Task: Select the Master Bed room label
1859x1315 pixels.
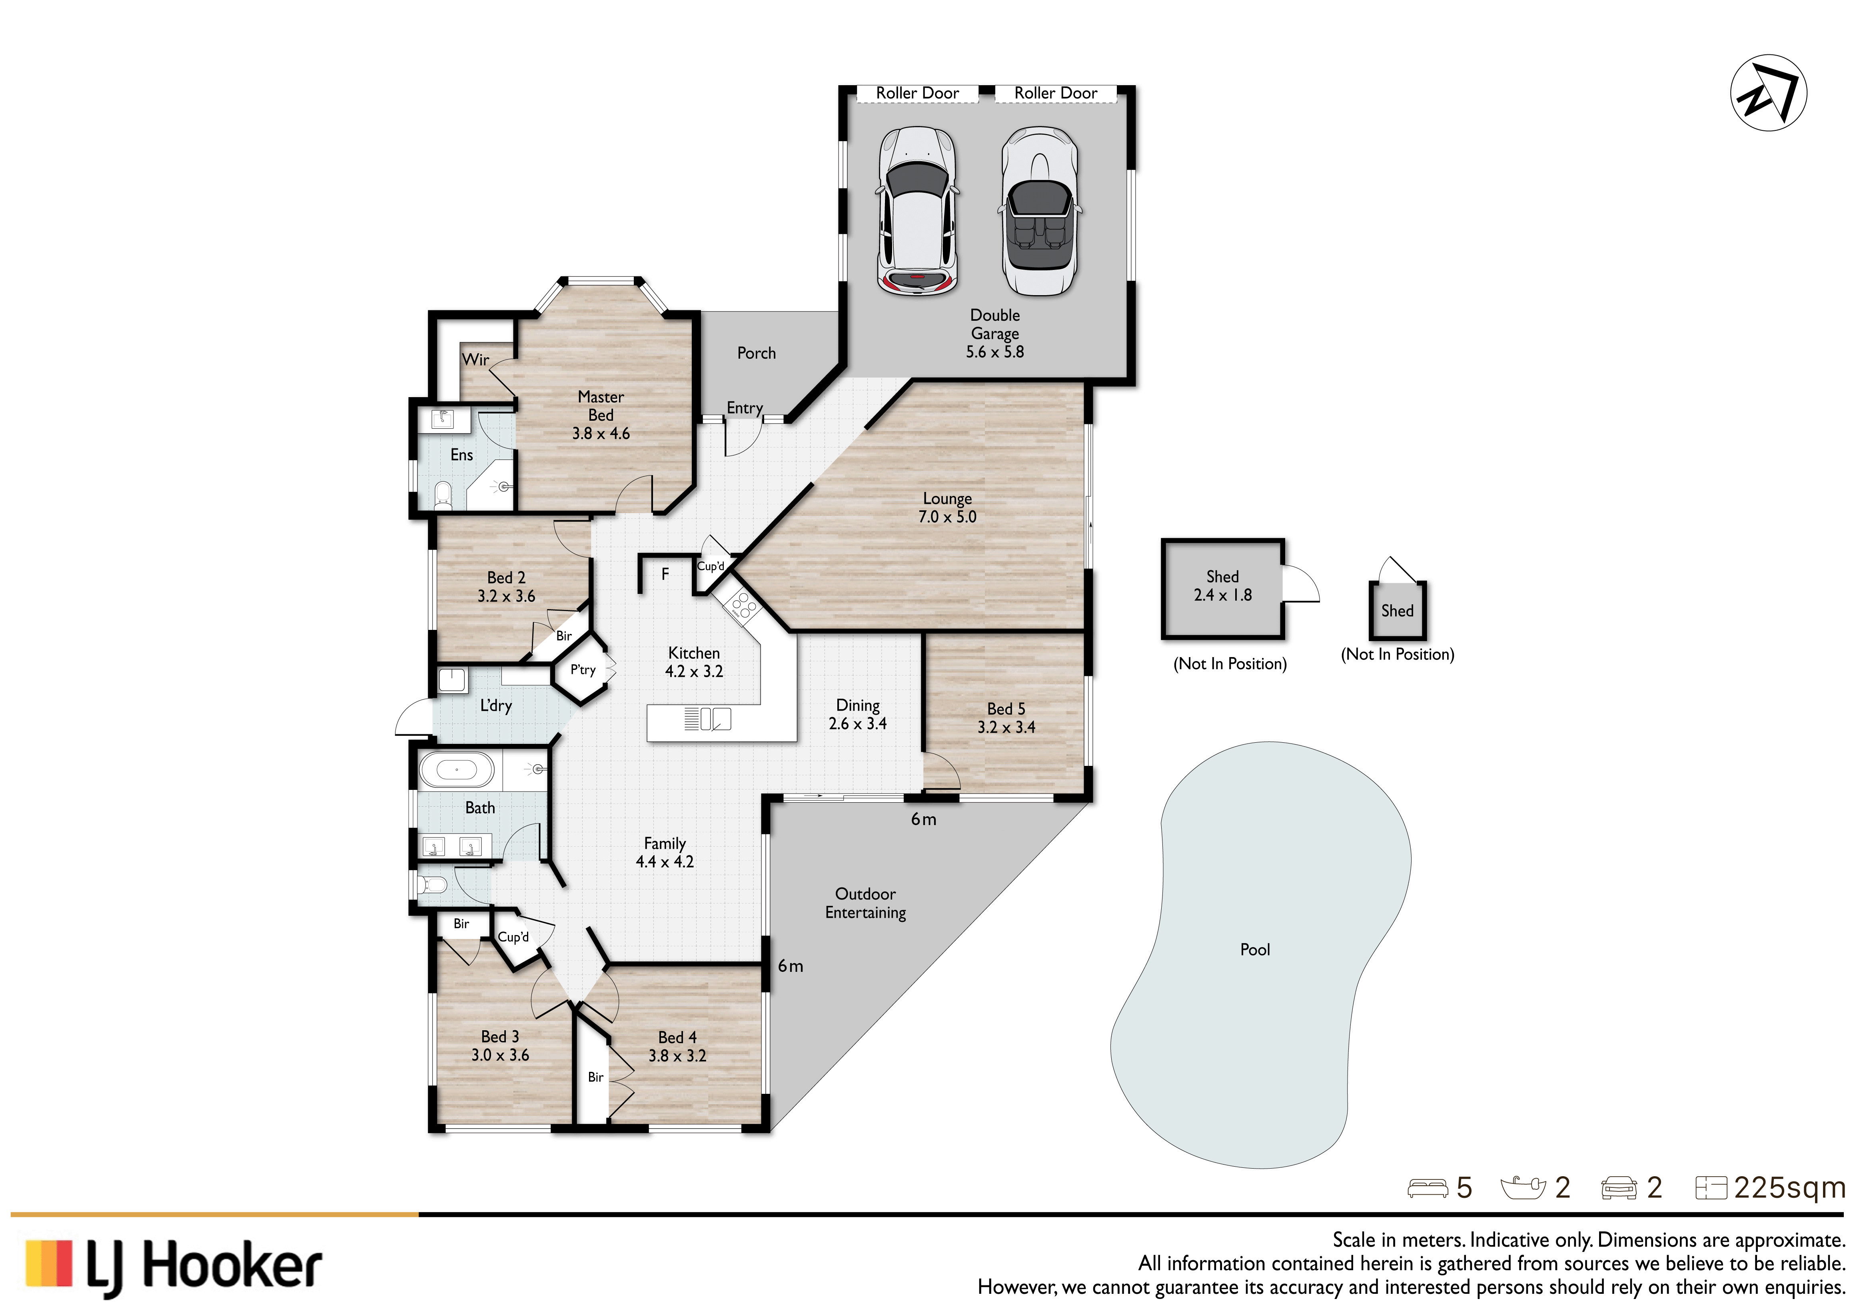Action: pyautogui.click(x=601, y=416)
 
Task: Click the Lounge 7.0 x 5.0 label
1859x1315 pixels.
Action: pyautogui.click(x=947, y=508)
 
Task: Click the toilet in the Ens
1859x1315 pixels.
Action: pyautogui.click(x=443, y=495)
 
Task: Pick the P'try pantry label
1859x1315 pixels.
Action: pyautogui.click(x=583, y=669)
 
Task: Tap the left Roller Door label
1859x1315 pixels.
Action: pyautogui.click(x=917, y=93)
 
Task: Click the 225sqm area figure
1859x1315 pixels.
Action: pyautogui.click(x=1789, y=1188)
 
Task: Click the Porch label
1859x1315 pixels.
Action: pyautogui.click(x=756, y=353)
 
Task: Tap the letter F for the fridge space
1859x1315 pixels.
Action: pyautogui.click(x=665, y=574)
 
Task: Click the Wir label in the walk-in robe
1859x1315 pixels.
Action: pyautogui.click(x=475, y=360)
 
